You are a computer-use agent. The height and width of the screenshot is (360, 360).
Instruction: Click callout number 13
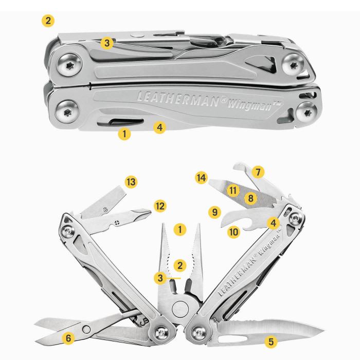click(131, 182)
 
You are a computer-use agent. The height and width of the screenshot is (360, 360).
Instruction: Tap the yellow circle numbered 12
click(160, 206)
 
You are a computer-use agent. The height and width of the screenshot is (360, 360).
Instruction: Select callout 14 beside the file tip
click(202, 178)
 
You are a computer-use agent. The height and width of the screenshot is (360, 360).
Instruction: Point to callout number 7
click(258, 172)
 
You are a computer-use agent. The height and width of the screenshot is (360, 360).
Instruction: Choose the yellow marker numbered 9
click(214, 212)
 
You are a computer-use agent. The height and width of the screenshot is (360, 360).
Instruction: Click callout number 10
click(233, 232)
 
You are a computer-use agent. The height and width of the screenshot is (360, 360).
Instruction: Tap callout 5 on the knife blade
click(271, 341)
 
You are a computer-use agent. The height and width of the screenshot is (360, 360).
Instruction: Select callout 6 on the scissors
click(68, 338)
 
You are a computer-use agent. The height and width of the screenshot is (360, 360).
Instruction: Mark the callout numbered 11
click(233, 190)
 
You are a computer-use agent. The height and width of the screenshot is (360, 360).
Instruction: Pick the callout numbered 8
click(251, 198)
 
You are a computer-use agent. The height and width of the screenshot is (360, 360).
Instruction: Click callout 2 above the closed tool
click(48, 21)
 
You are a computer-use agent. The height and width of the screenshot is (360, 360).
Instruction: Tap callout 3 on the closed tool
click(107, 43)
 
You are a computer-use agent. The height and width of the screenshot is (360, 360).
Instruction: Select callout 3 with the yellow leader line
click(160, 278)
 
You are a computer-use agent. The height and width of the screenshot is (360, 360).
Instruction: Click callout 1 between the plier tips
click(180, 229)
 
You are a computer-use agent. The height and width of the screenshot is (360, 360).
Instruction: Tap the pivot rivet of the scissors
click(86, 330)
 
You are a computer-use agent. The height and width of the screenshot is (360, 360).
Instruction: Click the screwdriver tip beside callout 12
click(142, 213)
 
